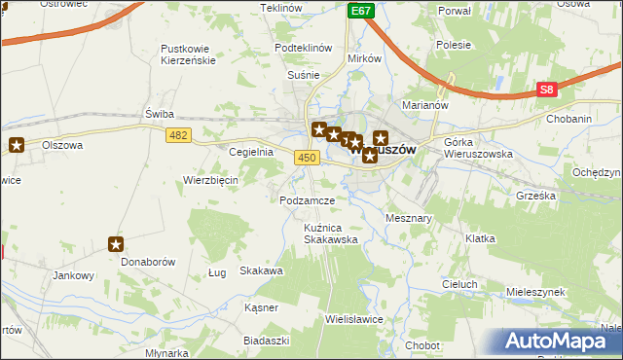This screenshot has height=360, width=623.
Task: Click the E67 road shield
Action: (x=361, y=11)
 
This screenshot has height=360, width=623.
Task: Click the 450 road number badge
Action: (x=308, y=158)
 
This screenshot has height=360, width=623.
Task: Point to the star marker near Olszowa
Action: (x=18, y=145)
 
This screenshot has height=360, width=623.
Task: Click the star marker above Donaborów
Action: (x=116, y=245)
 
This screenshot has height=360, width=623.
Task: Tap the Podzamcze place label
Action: (x=307, y=199)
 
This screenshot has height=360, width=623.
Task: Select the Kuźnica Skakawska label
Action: (x=330, y=233)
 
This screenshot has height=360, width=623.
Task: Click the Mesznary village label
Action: (x=409, y=218)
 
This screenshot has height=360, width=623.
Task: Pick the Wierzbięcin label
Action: (x=211, y=180)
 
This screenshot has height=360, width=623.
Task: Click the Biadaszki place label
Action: (x=268, y=340)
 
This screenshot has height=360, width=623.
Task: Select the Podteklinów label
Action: (x=304, y=49)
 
